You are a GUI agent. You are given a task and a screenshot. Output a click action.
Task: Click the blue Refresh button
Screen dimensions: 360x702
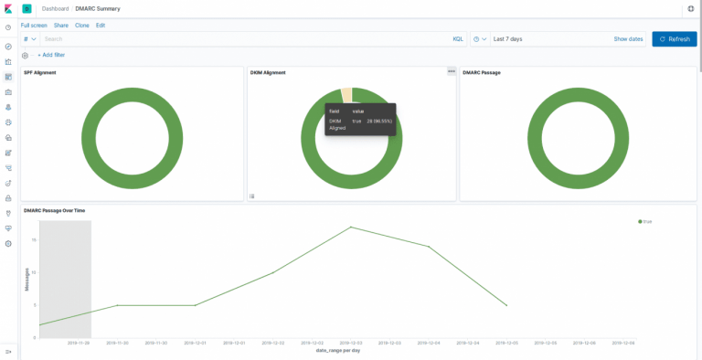674,39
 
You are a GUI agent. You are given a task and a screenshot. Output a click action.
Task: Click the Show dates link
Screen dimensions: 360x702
628,39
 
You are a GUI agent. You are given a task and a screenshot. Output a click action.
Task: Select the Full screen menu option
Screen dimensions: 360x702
34,25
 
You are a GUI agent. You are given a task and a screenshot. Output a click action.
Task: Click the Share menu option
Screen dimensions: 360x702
61,25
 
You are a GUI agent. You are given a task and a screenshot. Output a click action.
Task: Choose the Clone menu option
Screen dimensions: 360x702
82,25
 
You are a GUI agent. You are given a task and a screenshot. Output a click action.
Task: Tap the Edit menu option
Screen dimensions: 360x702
101,25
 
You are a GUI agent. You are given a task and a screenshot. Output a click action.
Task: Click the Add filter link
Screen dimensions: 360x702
51,55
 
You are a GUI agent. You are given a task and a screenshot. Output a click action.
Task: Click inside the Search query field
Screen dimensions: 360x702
238,39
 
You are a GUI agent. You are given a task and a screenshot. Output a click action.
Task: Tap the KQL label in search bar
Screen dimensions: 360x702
458,39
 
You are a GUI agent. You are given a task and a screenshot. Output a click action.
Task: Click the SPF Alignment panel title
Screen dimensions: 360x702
40,72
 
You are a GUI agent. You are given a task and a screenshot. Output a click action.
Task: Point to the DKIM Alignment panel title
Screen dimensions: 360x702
268,72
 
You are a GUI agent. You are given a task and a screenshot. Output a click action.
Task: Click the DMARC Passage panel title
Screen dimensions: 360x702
482,72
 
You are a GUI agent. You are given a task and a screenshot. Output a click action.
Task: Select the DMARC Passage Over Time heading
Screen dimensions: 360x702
55,210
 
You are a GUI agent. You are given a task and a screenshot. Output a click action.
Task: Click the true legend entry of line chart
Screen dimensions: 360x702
645,221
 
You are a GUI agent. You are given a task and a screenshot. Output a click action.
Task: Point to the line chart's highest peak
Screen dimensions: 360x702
350,228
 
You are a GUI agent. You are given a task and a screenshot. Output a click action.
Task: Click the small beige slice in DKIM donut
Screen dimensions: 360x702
346,95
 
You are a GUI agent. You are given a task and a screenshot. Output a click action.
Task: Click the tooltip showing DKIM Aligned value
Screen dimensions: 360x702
360,120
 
